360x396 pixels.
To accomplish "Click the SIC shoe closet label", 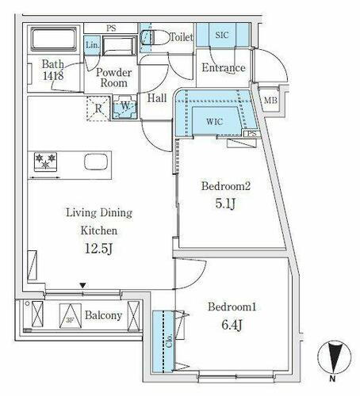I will pos(221,35).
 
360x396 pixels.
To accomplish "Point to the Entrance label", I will pos(223,68).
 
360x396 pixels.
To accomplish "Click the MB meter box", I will pos(271,100).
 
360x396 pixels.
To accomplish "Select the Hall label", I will pos(156,99).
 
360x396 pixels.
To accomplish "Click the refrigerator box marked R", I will pos(98,109).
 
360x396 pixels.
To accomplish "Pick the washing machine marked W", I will pos(124,109).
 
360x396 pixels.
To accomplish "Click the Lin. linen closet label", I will pos(91,46).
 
